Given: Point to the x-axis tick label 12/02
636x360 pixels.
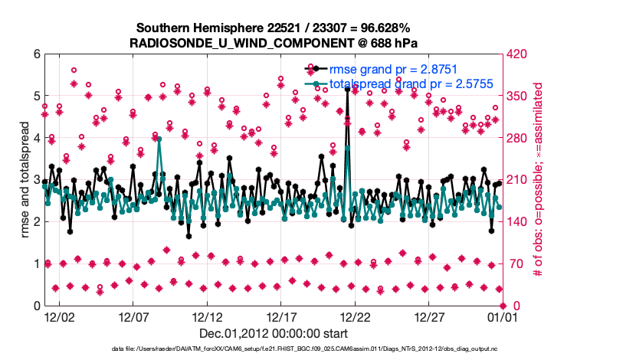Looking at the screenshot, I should click(59, 316).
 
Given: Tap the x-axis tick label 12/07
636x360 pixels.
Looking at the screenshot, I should click(133, 316).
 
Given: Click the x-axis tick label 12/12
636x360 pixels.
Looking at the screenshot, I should click(207, 316).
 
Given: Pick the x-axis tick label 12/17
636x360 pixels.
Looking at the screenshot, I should click(281, 316).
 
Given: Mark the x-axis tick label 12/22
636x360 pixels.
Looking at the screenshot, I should click(356, 316).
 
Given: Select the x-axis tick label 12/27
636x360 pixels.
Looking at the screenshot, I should click(429, 316).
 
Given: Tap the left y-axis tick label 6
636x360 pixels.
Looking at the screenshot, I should click(35, 54).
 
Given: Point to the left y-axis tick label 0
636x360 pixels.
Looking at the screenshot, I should click(35, 306).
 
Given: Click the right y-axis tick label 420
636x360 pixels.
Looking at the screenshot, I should click(518, 54).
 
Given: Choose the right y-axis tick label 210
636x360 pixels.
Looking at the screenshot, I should click(518, 180).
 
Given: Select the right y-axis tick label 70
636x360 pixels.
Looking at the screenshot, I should click(515, 264).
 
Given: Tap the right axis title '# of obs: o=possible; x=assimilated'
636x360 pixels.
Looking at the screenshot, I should click(537, 180).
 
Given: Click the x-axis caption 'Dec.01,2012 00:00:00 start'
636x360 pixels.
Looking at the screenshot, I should click(274, 333).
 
